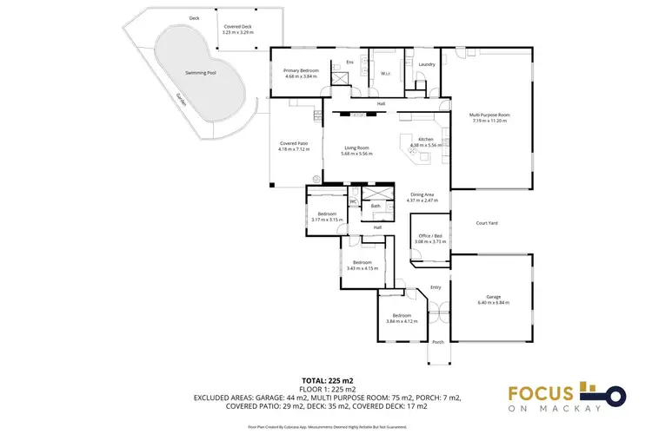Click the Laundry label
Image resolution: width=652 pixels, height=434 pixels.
tap(426, 64)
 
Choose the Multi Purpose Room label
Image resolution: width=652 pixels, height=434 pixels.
tap(489, 115)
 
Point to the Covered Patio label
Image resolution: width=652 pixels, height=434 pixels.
tap(294, 143)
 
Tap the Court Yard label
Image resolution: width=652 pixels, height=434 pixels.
tap(487, 223)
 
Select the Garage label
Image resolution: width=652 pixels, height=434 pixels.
tap(493, 297)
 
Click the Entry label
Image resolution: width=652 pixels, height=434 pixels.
tap(436, 287)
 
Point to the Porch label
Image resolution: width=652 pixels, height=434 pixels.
tap(437, 342)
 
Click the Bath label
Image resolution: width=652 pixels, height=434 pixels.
tap(376, 206)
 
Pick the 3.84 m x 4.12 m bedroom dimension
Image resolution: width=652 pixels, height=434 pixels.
tap(402, 322)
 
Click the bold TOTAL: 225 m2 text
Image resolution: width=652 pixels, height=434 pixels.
tap(326, 381)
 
